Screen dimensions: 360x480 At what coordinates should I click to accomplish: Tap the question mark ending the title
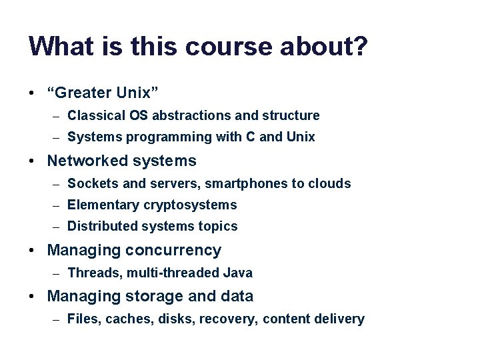tap(360, 47)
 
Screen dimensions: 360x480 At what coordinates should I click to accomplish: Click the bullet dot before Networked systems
tap(33, 161)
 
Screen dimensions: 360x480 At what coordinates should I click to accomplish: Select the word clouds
tap(329, 183)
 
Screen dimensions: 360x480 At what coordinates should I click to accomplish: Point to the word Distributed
tap(99, 227)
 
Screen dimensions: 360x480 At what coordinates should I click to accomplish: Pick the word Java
tap(239, 273)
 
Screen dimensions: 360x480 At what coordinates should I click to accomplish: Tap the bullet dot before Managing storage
tap(33, 296)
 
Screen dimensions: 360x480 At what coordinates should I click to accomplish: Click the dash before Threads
tap(57, 273)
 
